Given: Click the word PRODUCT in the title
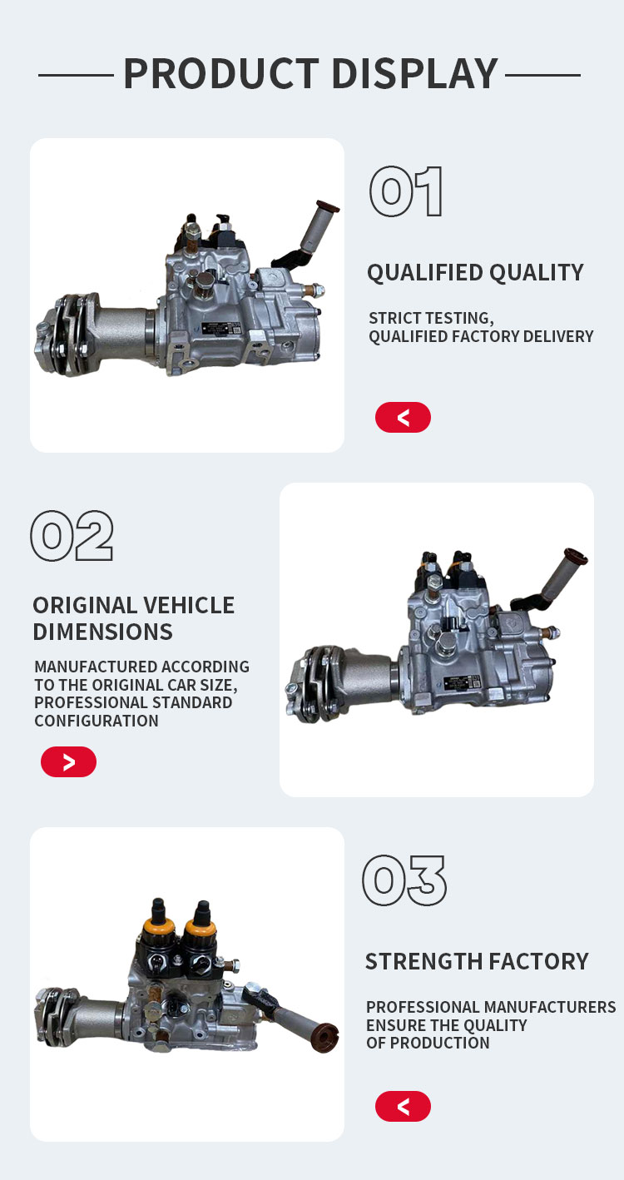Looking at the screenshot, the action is (x=221, y=73).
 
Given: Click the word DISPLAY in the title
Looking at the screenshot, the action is (x=415, y=73).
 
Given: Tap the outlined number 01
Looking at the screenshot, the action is (x=406, y=191).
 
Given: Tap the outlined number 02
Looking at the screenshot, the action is (x=72, y=535).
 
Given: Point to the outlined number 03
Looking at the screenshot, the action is (x=404, y=880).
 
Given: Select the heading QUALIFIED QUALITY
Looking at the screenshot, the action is (x=476, y=273).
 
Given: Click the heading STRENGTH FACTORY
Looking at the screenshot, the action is (x=477, y=961).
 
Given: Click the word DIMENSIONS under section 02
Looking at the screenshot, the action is (x=102, y=632).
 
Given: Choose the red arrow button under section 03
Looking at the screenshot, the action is (x=403, y=1106).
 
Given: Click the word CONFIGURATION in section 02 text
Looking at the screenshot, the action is (x=97, y=721).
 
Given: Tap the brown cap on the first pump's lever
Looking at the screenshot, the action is (x=328, y=206).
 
